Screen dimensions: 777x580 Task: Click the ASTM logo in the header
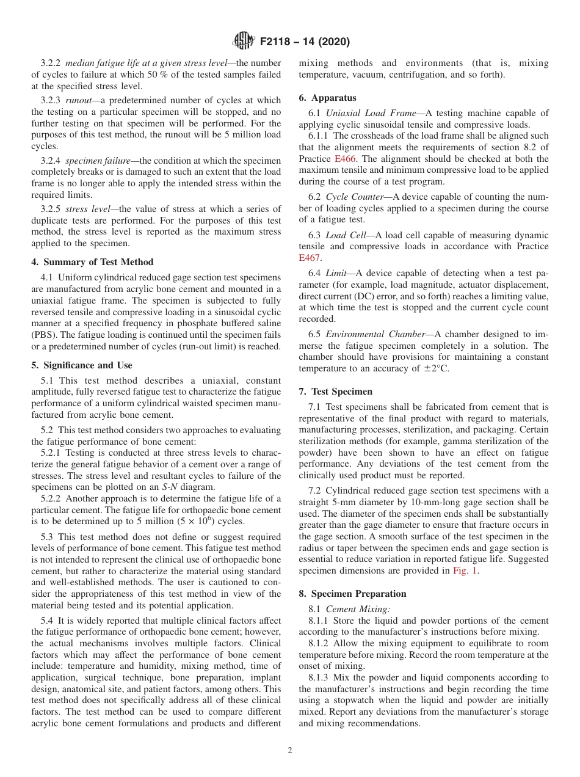(x=244, y=42)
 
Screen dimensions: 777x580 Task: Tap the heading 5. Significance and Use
(x=82, y=365)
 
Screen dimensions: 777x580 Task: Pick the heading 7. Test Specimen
(x=335, y=392)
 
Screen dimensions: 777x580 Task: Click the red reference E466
(x=345, y=159)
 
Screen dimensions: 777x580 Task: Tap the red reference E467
(x=310, y=258)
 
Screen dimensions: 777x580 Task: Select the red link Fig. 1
(x=465, y=571)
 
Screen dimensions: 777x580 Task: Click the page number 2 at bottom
(x=290, y=751)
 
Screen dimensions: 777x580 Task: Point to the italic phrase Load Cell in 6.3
(x=346, y=235)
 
